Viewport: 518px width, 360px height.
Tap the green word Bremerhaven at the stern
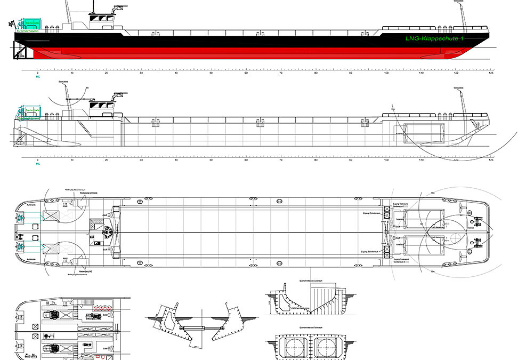[29, 32]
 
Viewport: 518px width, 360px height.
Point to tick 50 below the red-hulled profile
[212, 73]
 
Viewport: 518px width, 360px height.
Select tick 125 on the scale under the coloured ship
[491, 73]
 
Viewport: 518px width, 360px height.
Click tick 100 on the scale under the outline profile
[386, 159]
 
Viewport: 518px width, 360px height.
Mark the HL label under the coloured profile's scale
[38, 77]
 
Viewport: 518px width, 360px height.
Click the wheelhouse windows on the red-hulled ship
[102, 18]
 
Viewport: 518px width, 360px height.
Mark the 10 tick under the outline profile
[72, 159]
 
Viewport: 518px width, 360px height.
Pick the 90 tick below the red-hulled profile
[351, 73]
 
